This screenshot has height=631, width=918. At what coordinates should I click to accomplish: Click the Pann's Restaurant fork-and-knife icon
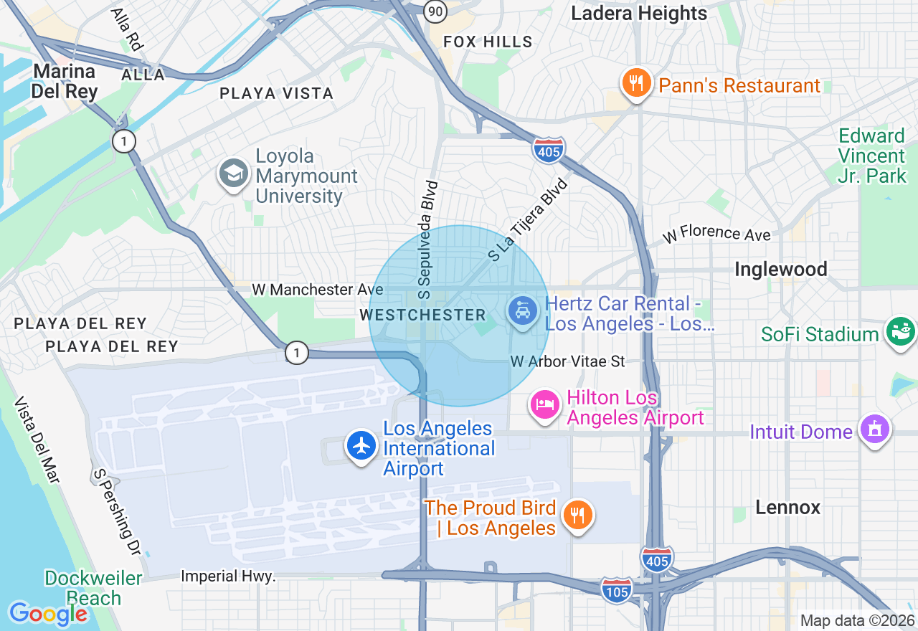tap(635, 83)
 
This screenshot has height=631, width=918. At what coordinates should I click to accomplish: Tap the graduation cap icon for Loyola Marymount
tap(234, 174)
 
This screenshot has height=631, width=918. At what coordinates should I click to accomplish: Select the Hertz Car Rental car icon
tap(524, 311)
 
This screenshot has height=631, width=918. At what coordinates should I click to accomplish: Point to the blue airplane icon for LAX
tap(362, 445)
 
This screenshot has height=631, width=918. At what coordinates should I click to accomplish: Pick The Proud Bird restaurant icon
tap(577, 515)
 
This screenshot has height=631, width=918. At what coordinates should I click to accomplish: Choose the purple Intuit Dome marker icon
tap(874, 429)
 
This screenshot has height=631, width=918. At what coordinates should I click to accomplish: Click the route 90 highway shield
tap(435, 10)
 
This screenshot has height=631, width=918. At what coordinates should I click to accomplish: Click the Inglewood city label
tap(780, 270)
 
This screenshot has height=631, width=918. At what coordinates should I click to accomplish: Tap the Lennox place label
tap(787, 508)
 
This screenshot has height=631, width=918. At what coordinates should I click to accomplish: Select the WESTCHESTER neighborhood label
tap(423, 315)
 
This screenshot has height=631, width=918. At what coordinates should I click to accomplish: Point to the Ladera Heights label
tap(638, 14)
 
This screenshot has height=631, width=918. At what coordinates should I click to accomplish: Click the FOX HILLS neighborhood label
tap(488, 42)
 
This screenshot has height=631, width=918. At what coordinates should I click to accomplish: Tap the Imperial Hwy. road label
tap(228, 577)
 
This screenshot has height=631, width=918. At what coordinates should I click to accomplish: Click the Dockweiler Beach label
tap(93, 588)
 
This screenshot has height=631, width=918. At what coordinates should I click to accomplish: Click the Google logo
tap(48, 614)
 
